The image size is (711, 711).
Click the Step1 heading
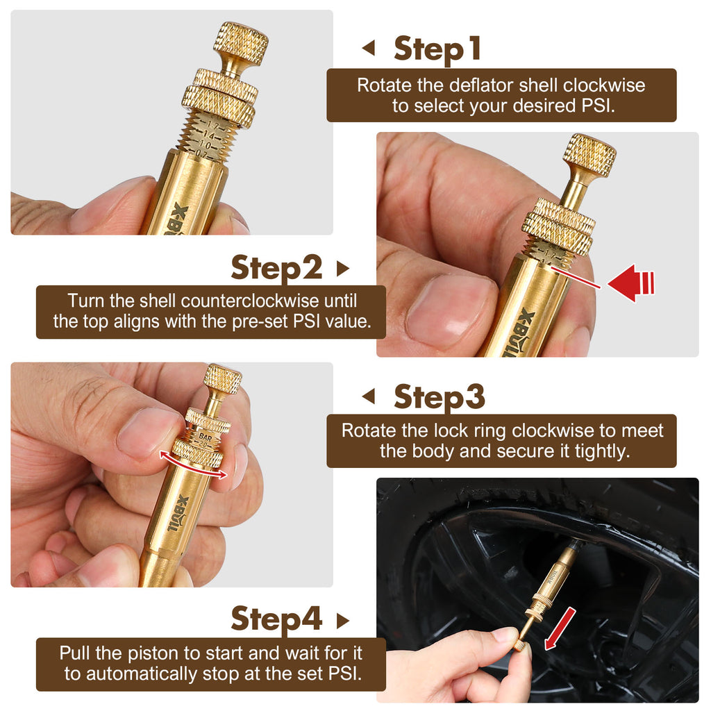tap(437, 49)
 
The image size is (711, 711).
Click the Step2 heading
tap(276, 268)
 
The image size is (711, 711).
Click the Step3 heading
tap(439, 397)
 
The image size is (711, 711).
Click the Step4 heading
tap(276, 619)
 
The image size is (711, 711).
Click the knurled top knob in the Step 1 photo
tap(241, 43)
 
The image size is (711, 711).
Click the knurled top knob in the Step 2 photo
tap(589, 156)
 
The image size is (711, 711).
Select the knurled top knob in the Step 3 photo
tap(222, 379)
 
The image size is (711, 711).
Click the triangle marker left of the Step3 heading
tap(369, 397)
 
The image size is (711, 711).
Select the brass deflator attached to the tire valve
tap(549, 583)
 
